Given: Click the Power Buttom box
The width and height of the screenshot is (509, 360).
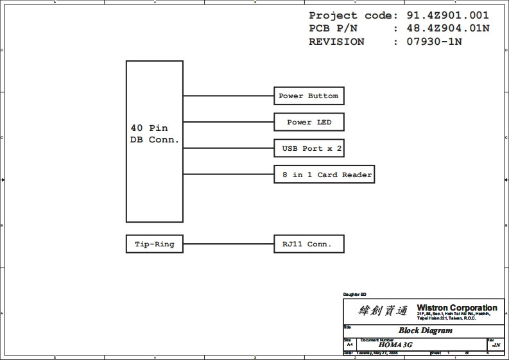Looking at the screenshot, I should pyautogui.click(x=308, y=96).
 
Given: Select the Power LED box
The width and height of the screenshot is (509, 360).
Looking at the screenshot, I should pyautogui.click(x=308, y=123).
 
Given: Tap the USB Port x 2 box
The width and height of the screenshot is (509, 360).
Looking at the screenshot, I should pyautogui.click(x=312, y=149).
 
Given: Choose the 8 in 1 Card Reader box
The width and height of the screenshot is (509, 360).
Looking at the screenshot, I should pyautogui.click(x=324, y=175).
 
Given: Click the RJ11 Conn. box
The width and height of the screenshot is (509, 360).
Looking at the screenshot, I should pyautogui.click(x=308, y=244).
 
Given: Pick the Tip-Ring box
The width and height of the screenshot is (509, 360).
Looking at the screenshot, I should pyautogui.click(x=154, y=244).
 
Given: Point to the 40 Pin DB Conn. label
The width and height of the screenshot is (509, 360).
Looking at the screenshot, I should pyautogui.click(x=155, y=134).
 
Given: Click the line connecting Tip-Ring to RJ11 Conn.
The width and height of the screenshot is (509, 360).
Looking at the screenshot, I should pyautogui.click(x=228, y=244).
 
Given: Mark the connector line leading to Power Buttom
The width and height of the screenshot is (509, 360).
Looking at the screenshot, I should pyautogui.click(x=228, y=96).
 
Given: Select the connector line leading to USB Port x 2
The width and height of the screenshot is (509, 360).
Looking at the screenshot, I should pyautogui.click(x=228, y=149).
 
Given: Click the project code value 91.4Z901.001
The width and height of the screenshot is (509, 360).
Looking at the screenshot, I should pyautogui.click(x=448, y=15).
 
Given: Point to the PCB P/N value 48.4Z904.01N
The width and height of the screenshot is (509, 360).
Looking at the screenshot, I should pyautogui.click(x=448, y=28).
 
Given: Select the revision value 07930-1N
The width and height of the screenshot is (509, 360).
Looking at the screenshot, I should pyautogui.click(x=435, y=42).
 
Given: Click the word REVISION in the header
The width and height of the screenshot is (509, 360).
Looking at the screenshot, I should pyautogui.click(x=336, y=42).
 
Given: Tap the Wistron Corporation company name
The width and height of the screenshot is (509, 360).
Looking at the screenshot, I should pyautogui.click(x=457, y=308).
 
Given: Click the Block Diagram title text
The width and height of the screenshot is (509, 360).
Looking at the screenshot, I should pyautogui.click(x=426, y=331).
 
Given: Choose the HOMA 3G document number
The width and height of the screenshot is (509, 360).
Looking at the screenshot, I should pyautogui.click(x=395, y=345).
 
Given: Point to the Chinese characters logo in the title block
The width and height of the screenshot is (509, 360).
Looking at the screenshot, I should pyautogui.click(x=383, y=311).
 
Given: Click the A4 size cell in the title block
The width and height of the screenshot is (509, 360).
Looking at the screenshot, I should pyautogui.click(x=350, y=345).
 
